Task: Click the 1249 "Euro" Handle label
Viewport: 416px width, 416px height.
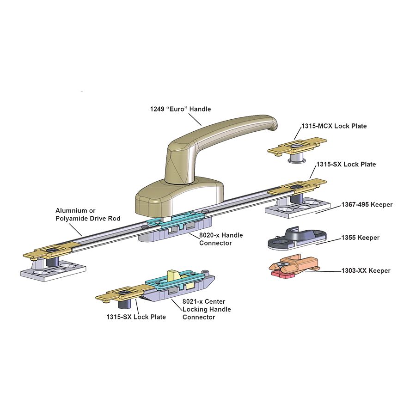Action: (180, 109)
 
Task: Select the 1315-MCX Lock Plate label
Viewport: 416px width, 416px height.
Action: (334, 126)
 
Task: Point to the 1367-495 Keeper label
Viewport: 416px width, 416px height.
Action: (367, 204)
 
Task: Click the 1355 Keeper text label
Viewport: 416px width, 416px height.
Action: (360, 238)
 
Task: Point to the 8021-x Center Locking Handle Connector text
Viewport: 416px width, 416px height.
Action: (206, 309)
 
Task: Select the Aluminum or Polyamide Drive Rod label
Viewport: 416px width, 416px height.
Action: (88, 214)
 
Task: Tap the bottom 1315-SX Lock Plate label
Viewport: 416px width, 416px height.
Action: (136, 317)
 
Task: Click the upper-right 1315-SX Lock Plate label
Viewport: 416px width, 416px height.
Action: (346, 164)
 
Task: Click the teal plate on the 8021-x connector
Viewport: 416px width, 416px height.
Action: (176, 283)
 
